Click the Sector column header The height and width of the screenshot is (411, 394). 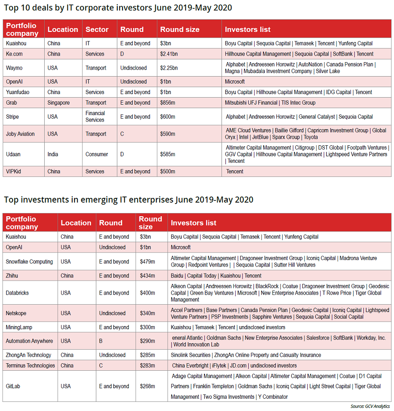(x=97, y=29)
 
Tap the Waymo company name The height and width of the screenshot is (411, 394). (x=14, y=68)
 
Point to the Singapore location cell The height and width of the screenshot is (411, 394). (x=59, y=102)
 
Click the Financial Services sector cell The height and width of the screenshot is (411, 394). (x=95, y=116)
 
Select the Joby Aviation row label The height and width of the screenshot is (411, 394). (x=20, y=134)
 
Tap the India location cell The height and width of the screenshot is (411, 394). (x=53, y=154)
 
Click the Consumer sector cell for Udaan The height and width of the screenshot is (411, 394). (x=97, y=154)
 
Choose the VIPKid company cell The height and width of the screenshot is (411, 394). (x=14, y=171)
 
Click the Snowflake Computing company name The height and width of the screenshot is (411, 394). (x=29, y=261)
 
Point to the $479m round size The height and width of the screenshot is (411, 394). (x=148, y=261)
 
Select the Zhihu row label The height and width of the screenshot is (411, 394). (x=13, y=276)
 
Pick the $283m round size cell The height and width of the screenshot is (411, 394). (x=148, y=365)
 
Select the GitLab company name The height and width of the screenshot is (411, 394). (x=14, y=386)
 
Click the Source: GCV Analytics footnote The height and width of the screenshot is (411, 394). (x=370, y=406)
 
